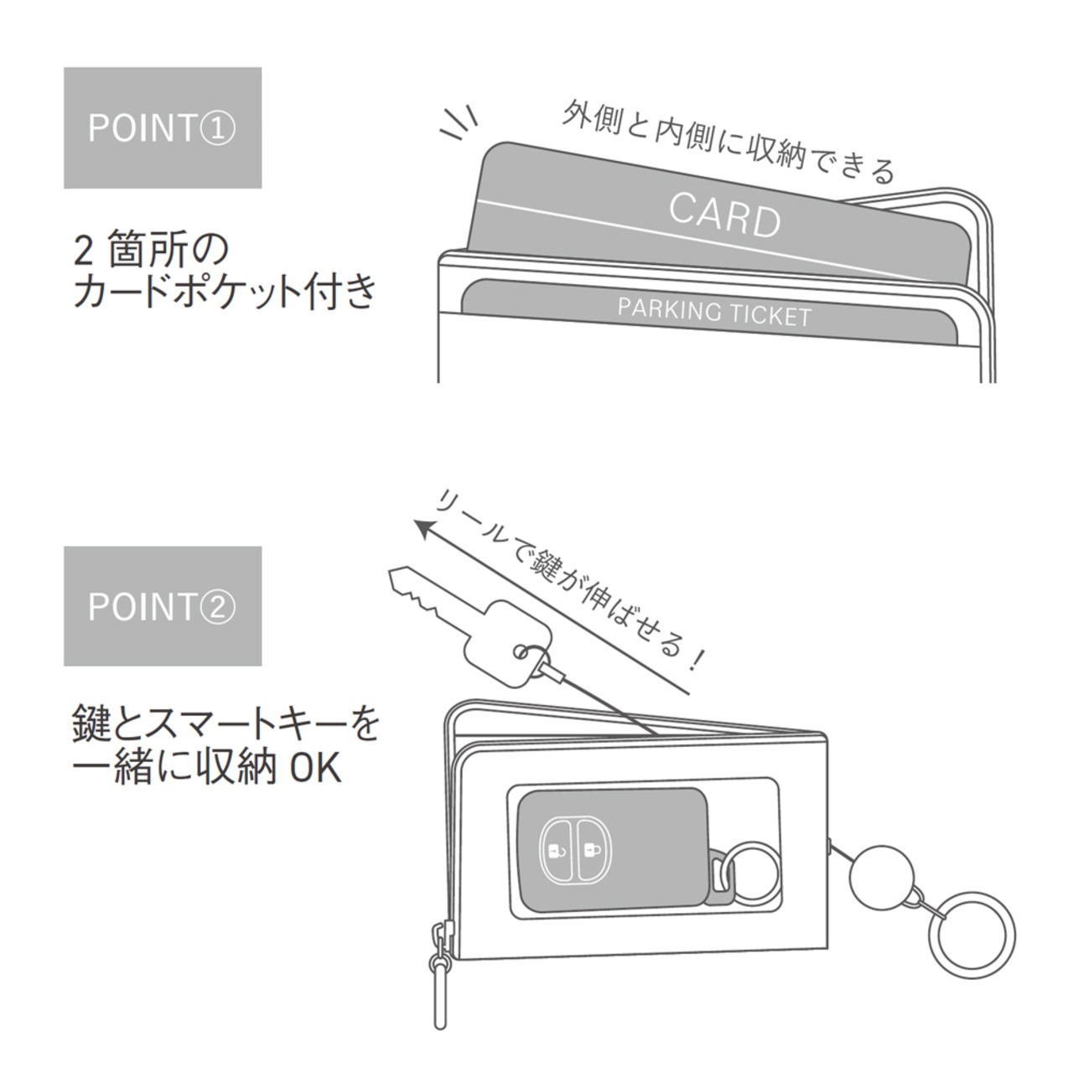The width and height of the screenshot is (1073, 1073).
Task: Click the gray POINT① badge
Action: pyautogui.click(x=163, y=127)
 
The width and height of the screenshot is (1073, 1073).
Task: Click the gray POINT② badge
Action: pyautogui.click(x=163, y=606)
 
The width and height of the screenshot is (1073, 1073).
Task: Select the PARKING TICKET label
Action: pyautogui.click(x=714, y=312)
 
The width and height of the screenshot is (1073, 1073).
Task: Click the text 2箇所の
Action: pyautogui.click(x=152, y=249)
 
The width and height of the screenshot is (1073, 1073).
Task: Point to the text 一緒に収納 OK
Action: pyautogui.click(x=207, y=767)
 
